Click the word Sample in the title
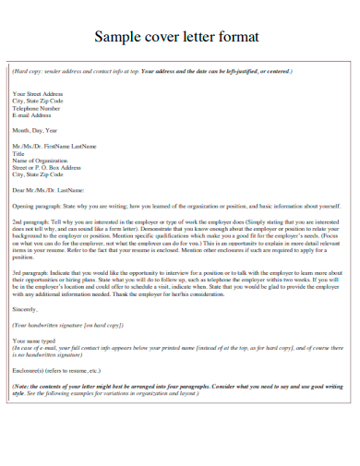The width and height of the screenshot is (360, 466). pos(120,37)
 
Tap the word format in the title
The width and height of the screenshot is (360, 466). pos(236,37)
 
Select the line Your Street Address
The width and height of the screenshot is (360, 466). pos(37,94)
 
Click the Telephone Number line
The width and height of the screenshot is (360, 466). pos(37,108)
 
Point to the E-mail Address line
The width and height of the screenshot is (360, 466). pos(31,115)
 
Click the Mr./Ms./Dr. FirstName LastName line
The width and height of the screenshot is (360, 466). pos(54,146)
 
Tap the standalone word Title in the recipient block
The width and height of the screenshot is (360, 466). pos(18,153)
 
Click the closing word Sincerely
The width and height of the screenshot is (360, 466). pos(25,311)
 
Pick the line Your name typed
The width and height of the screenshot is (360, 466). pos(34,341)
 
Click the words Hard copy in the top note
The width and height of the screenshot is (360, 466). pos(30,71)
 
